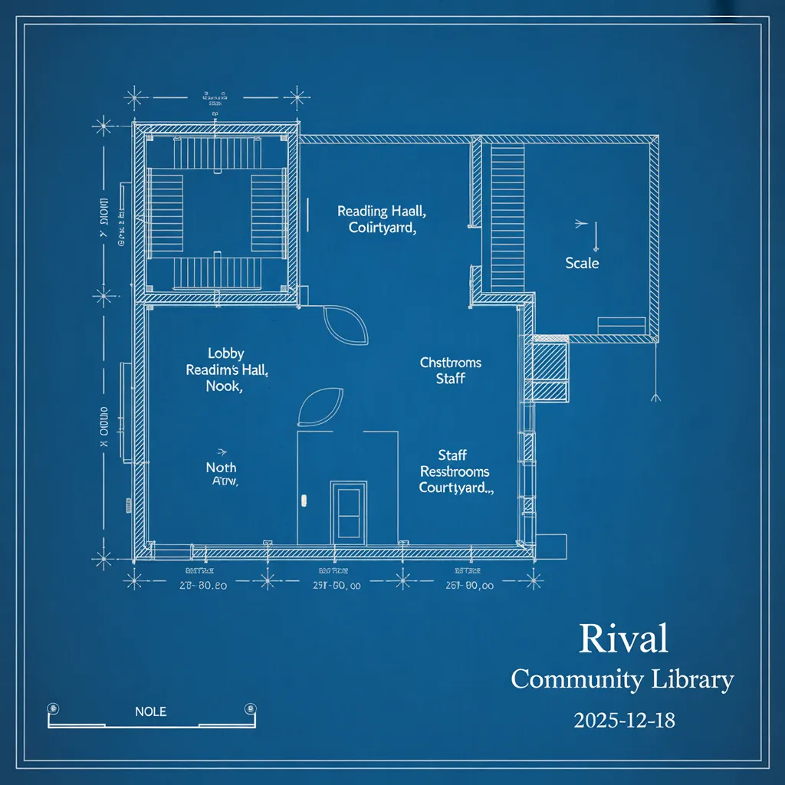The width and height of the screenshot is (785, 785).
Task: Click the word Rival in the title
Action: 623,639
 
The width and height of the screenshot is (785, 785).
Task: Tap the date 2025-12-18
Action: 623,721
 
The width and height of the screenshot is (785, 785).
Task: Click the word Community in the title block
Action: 576,679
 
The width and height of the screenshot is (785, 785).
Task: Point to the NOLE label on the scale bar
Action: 150,711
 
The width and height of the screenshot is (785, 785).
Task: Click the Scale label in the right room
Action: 582,263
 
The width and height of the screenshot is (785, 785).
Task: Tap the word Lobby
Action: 226,353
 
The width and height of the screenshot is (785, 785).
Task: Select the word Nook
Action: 224,386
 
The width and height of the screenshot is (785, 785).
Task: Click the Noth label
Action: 222,468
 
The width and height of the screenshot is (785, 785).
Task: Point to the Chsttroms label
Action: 451,363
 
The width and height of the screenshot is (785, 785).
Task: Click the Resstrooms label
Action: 455,471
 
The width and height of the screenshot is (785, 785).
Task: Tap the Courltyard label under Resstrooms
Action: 456,488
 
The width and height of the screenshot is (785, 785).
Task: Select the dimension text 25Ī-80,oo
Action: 337,586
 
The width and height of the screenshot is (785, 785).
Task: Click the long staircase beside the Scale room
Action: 507,216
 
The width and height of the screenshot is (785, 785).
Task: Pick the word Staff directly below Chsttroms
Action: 450,379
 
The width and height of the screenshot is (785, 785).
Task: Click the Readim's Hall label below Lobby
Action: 227,370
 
